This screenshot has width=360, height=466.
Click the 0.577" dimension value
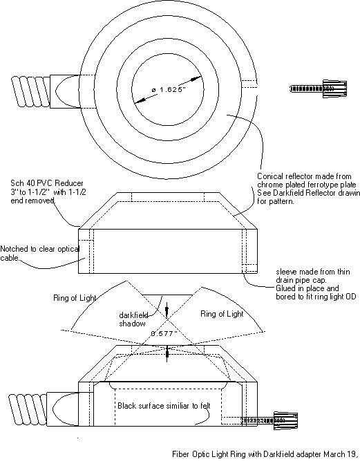164,333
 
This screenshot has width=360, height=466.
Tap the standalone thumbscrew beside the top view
318,88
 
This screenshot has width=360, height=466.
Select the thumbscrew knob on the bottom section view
285,420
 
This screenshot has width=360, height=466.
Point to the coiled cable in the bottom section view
28,408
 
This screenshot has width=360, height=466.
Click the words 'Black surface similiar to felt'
164,405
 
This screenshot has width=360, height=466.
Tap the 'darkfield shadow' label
133,319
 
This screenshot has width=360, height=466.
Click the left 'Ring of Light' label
75,298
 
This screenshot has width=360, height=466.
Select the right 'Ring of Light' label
222,314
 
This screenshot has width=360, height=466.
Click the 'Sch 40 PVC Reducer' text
47,183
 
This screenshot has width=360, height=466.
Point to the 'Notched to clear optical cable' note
40,253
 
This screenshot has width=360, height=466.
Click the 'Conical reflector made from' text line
304,176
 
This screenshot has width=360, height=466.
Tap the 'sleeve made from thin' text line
313,272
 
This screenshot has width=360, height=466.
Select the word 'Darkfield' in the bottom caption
278,454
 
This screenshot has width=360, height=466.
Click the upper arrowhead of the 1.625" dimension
196,79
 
